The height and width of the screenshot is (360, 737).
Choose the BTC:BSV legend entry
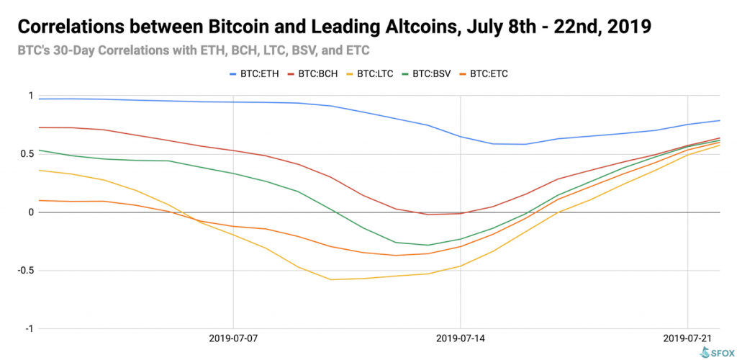pos(439,73)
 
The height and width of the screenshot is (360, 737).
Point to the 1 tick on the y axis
pos(30,96)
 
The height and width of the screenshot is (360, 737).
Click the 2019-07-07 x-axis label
pos(233,337)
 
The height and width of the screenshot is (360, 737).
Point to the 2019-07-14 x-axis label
pos(461,337)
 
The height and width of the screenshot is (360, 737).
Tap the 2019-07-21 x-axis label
pos(688,337)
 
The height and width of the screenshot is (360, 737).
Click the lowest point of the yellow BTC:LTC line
pos(331,279)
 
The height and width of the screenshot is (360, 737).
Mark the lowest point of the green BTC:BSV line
pos(428,245)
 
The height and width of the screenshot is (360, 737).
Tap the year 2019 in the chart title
pos(630,28)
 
